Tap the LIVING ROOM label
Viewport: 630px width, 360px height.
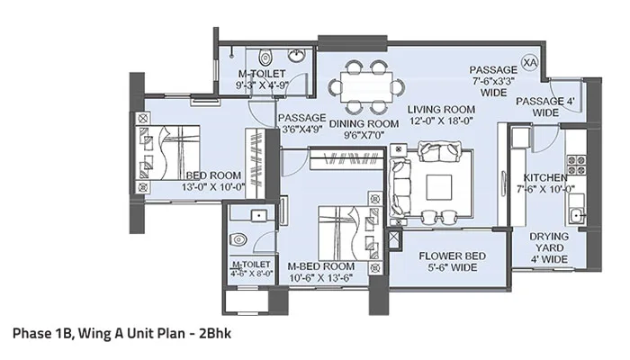click(441, 110)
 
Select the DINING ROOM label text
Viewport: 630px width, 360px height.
click(363, 123)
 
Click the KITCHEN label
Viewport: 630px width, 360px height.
click(545, 177)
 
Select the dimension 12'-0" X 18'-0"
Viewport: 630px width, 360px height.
click(441, 122)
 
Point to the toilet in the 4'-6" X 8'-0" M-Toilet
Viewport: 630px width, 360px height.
click(239, 240)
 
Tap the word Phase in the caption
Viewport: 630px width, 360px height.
click(33, 333)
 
